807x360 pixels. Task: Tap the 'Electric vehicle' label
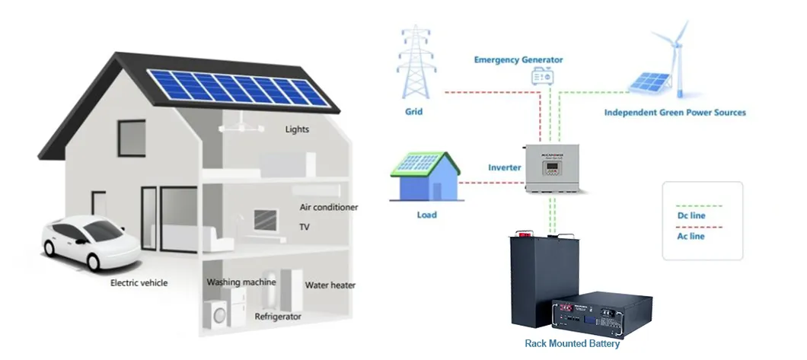139,283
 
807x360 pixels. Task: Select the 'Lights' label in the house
297,129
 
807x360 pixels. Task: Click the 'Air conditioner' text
328,207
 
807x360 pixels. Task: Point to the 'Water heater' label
330,286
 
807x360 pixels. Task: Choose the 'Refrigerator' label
278,317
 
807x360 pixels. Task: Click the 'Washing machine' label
241,282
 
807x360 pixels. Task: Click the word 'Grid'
413,112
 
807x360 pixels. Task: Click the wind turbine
673,53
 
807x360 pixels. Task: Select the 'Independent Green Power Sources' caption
675,113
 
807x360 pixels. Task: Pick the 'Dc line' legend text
691,217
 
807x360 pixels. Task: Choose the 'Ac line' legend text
691,237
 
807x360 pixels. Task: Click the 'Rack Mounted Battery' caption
573,343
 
